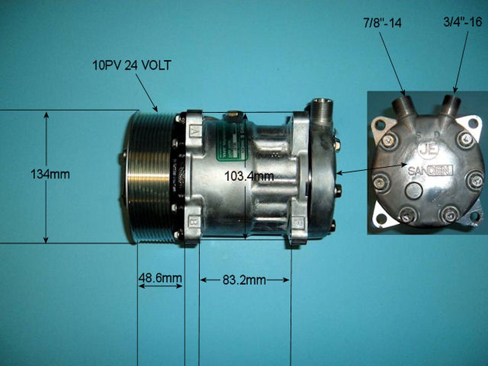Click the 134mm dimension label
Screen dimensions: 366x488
point(50,174)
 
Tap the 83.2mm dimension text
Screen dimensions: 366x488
point(244,280)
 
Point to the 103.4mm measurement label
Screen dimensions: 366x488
point(249,176)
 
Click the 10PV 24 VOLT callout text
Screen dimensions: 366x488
point(132,65)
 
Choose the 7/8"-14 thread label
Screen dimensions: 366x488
point(382,23)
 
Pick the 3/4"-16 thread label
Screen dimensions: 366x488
point(463,22)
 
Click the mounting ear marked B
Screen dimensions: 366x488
point(194,222)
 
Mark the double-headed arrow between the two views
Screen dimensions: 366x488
point(372,169)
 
